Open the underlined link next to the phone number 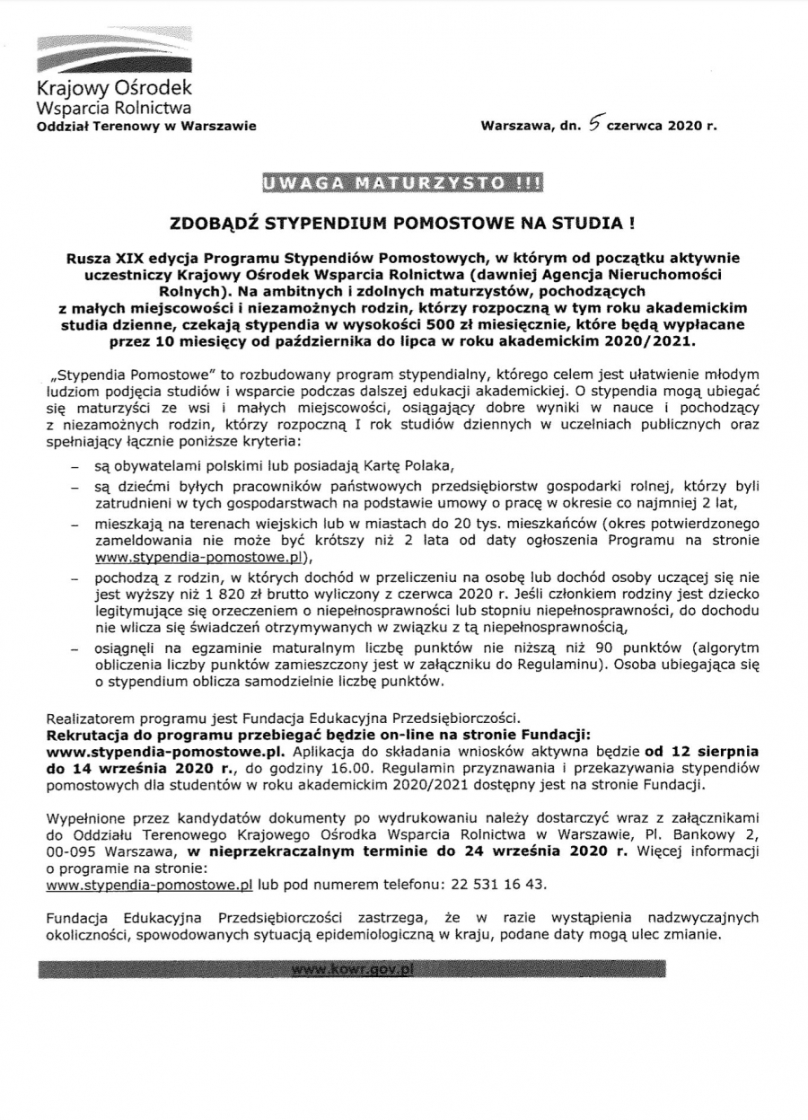pyautogui.click(x=149, y=884)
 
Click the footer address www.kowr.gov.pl pyautogui.click(x=352, y=970)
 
